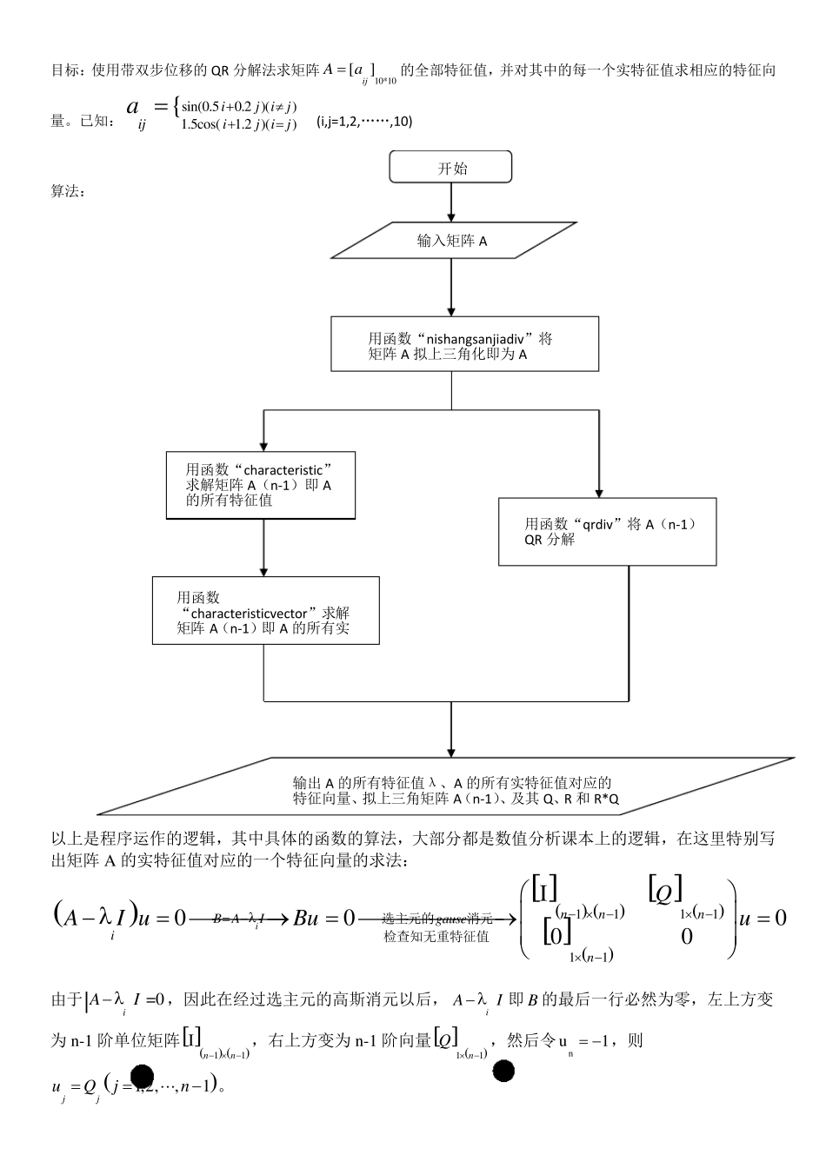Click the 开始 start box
(450, 168)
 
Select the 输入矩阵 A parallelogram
(451, 241)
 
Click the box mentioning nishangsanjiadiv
(464, 345)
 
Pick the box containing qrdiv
(607, 531)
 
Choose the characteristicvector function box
(265, 610)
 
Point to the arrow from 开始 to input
(450, 202)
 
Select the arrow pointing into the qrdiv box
(598, 469)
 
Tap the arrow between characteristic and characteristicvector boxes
(263, 548)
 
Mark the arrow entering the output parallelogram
(450, 730)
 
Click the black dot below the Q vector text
(503, 1071)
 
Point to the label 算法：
(68, 191)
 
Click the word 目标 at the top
(66, 70)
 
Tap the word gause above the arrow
(451, 919)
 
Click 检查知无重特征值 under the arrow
(436, 937)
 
